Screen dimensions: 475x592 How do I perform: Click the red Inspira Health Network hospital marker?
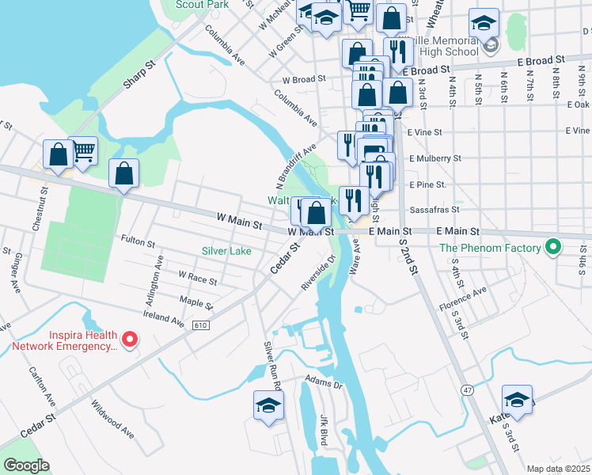(131, 340)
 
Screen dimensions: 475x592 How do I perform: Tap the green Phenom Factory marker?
(554, 248)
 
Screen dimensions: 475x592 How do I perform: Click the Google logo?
(26, 465)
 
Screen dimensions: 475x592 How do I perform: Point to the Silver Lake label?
(226, 251)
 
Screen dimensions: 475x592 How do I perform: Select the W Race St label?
(197, 276)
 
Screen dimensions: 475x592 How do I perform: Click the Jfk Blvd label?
(324, 428)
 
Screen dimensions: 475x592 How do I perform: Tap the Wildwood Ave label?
(113, 420)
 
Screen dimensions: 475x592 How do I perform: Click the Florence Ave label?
(464, 298)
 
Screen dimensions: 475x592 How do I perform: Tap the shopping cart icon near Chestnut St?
(84, 150)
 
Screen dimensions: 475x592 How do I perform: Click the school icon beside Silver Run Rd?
(268, 405)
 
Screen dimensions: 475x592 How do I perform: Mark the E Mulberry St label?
(435, 158)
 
